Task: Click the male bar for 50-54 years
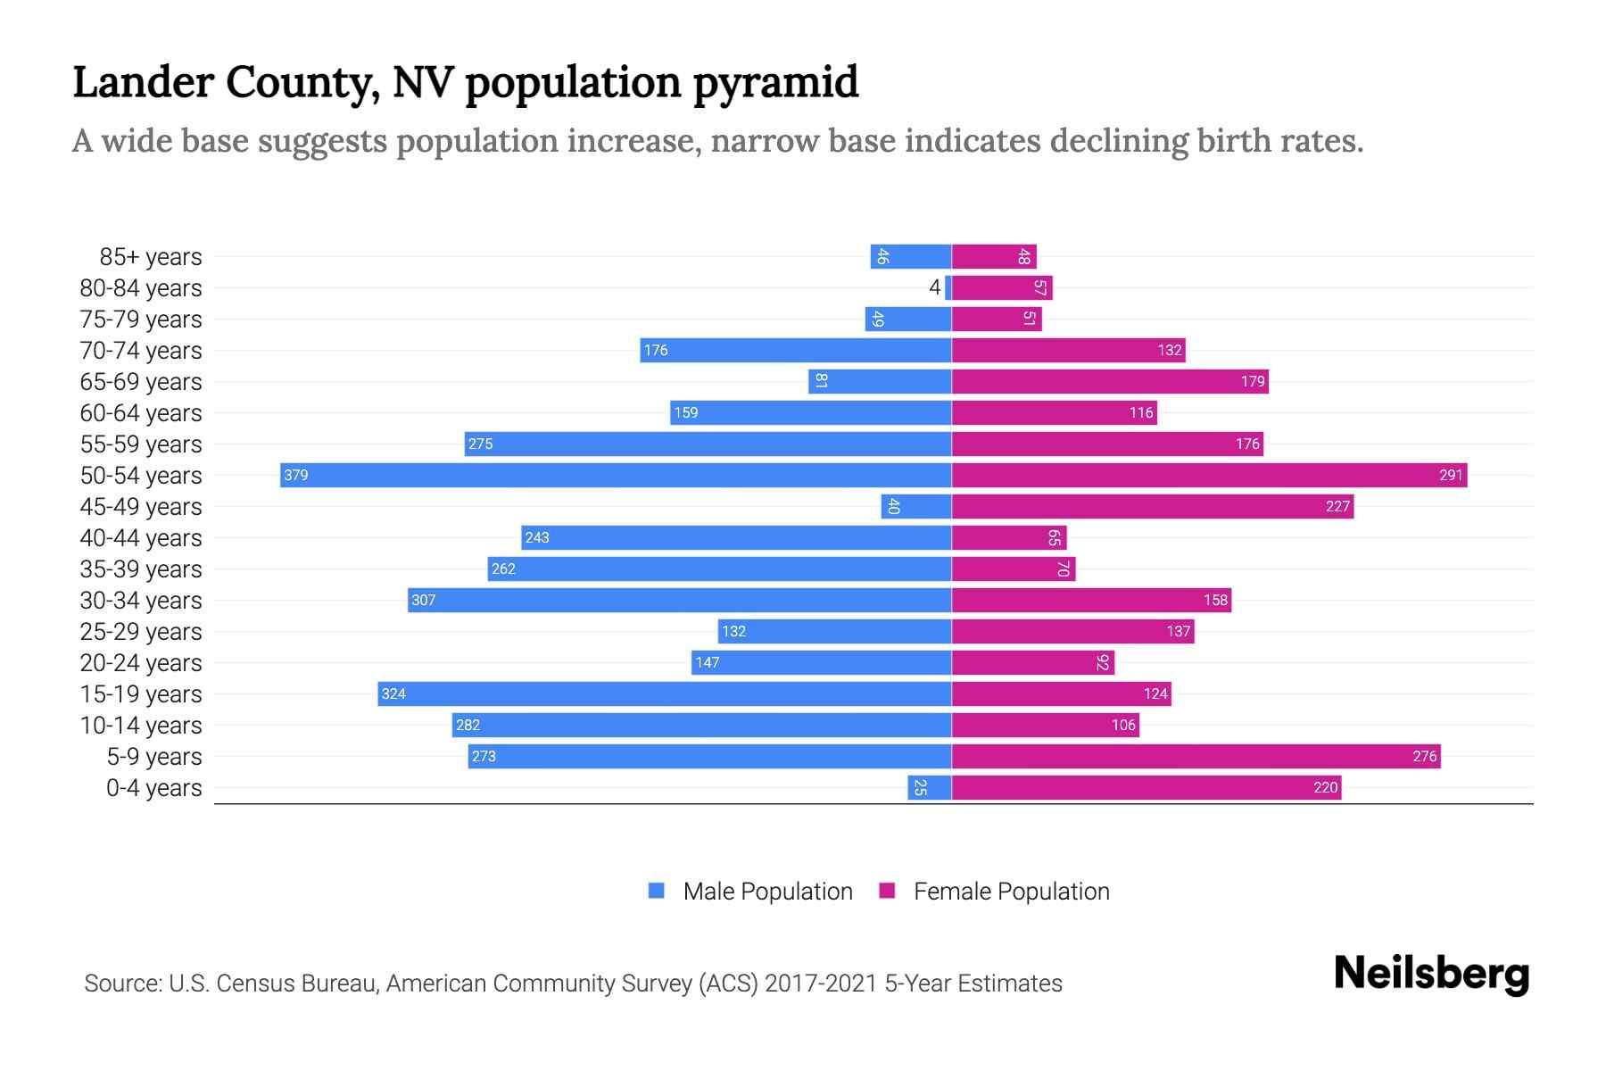pyautogui.click(x=616, y=475)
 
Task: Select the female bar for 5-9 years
pyautogui.click(x=1196, y=756)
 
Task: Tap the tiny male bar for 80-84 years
pyautogui.click(x=948, y=287)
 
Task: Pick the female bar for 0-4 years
pyautogui.click(x=1147, y=787)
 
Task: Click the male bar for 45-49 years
pyautogui.click(x=916, y=506)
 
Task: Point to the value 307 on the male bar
pyautogui.click(x=424, y=600)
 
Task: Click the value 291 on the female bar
pyautogui.click(x=1451, y=475)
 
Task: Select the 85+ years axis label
pyautogui.click(x=151, y=257)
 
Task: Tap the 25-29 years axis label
pyautogui.click(x=141, y=632)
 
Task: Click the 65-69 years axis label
pyautogui.click(x=141, y=382)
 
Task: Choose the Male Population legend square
pyautogui.click(x=657, y=891)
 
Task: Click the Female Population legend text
pyautogui.click(x=1011, y=892)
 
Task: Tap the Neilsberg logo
pyautogui.click(x=1431, y=974)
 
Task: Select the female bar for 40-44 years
pyautogui.click(x=1009, y=537)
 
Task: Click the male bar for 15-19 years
pyautogui.click(x=665, y=693)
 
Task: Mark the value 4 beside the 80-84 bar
pyautogui.click(x=934, y=287)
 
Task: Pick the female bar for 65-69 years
pyautogui.click(x=1110, y=381)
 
